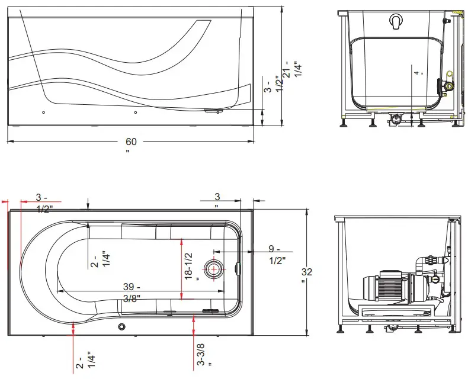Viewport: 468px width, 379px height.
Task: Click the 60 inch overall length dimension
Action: tap(131, 142)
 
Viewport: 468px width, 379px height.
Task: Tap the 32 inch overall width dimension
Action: tap(307, 272)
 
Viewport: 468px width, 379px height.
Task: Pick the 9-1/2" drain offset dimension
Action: tap(277, 255)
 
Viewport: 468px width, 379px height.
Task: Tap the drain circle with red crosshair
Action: tap(213, 269)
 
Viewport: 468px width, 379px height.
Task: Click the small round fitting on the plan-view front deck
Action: tap(121, 326)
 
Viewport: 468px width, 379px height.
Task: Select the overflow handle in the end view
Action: tap(396, 22)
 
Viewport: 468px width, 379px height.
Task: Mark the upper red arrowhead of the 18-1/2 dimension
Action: tap(182, 240)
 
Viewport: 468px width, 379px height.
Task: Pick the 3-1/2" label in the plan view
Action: tap(44, 203)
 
